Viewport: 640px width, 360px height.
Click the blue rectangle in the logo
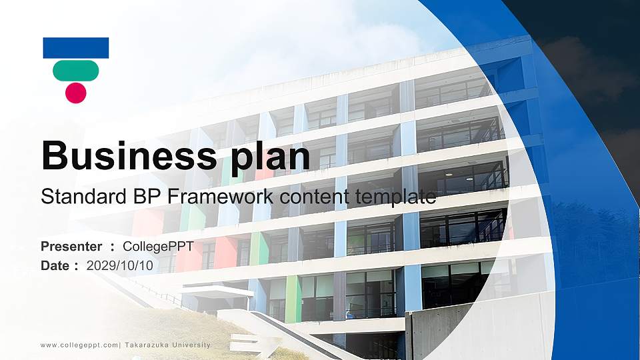pyautogui.click(x=75, y=48)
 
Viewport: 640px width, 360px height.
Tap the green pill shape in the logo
pyautogui.click(x=75, y=70)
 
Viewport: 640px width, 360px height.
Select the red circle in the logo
pyautogui.click(x=75, y=93)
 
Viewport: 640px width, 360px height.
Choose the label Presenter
pyautogui.click(x=71, y=247)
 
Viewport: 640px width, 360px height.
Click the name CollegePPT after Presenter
pyautogui.click(x=158, y=247)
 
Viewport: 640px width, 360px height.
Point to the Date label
pyautogui.click(x=55, y=265)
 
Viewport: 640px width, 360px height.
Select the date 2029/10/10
pyautogui.click(x=119, y=265)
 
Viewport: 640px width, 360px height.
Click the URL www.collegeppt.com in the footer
pyautogui.click(x=79, y=345)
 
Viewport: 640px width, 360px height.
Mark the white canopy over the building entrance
pyautogui.click(x=216, y=290)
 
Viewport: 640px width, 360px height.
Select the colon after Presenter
pyautogui.click(x=113, y=247)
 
